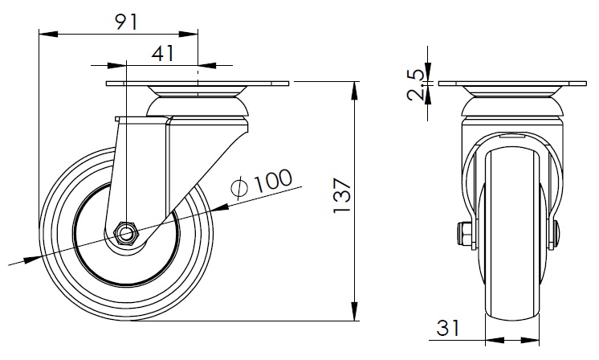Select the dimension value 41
(163, 54)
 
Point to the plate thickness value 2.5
(415, 84)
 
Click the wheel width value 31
(448, 329)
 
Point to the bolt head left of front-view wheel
(463, 235)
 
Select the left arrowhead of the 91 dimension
(45, 34)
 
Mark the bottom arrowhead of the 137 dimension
(356, 314)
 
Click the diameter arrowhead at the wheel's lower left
(32, 259)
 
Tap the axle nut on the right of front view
(556, 234)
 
